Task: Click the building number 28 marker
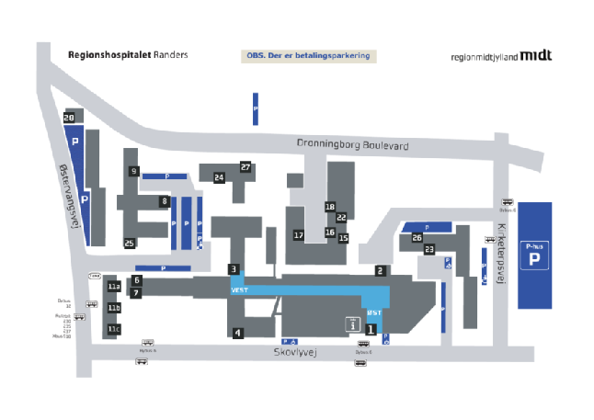pos(69,118)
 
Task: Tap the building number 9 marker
pos(134,171)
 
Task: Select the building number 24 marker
pos(219,177)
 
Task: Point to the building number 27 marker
pos(246,167)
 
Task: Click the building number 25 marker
pos(130,243)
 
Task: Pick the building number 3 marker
pos(234,269)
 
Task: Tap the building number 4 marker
pos(237,333)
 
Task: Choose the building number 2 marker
pos(379,271)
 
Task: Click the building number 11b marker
pos(114,308)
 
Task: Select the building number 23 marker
pos(428,249)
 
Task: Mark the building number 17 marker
pos(299,236)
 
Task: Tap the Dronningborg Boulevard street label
pos(353,145)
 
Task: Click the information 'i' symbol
pos(350,324)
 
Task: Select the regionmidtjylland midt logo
pos(501,56)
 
